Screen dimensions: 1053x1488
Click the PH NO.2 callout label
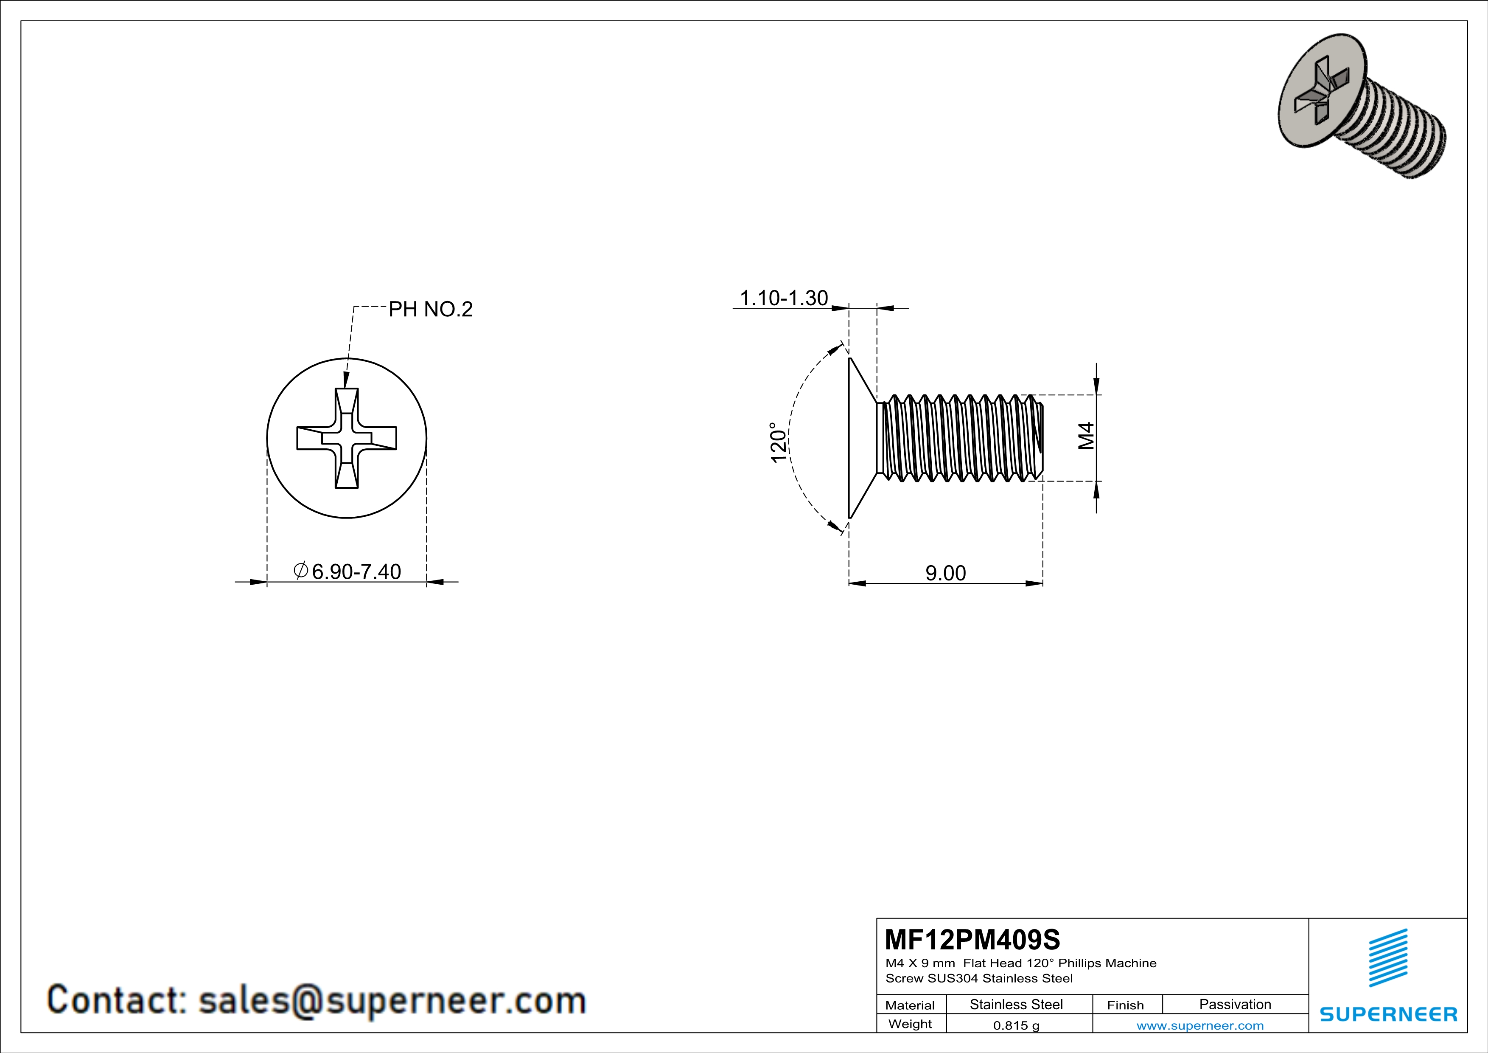(x=430, y=309)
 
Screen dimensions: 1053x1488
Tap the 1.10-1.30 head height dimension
(x=784, y=298)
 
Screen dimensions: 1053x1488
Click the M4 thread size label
(x=1086, y=436)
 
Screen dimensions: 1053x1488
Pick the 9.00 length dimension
(x=946, y=573)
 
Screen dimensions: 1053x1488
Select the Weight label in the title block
(x=910, y=1024)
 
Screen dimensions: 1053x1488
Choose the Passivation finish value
(x=1235, y=1004)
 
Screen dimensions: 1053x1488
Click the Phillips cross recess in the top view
(x=347, y=438)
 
